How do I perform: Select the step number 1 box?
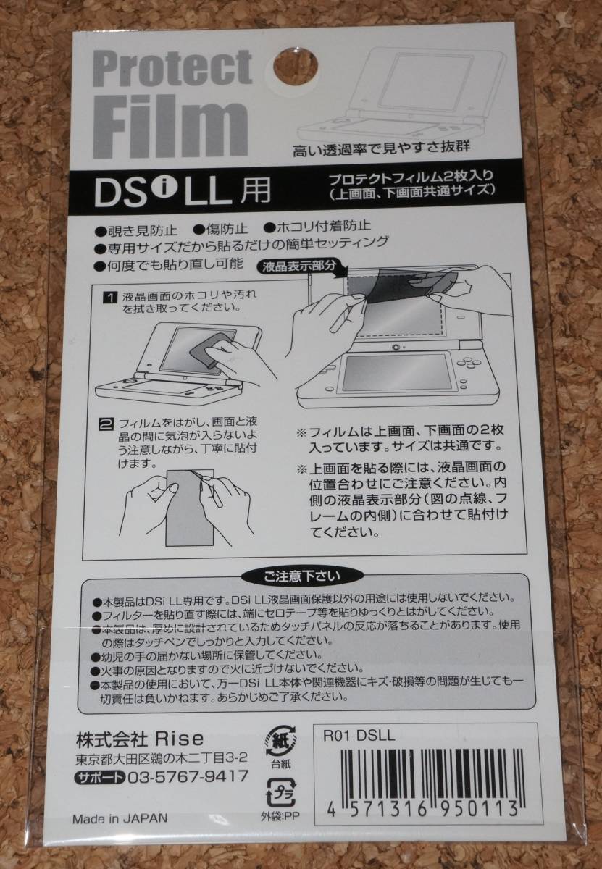[109, 298]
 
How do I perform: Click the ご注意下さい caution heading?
[302, 576]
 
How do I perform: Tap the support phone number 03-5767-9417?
[188, 776]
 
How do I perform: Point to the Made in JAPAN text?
[120, 818]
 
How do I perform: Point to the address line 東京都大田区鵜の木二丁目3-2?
[162, 757]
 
